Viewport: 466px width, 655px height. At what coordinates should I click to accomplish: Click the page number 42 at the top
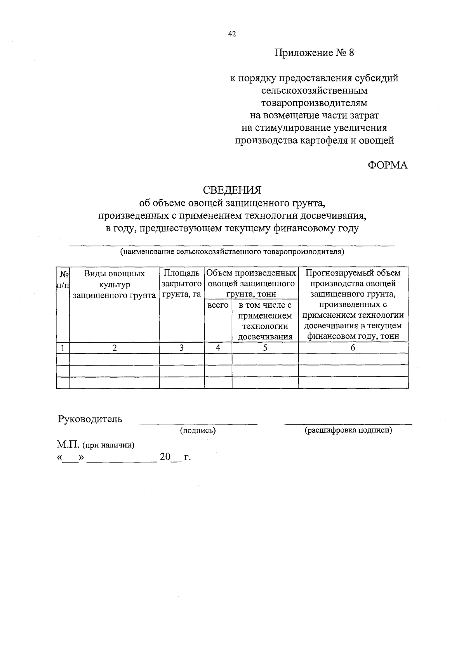232,34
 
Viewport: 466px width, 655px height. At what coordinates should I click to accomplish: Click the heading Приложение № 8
315,53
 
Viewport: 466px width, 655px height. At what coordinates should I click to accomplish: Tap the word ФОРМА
388,165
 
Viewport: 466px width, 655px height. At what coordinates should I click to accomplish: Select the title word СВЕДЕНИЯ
232,190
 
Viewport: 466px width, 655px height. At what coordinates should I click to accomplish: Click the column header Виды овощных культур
114,284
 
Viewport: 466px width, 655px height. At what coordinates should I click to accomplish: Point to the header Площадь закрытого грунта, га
181,284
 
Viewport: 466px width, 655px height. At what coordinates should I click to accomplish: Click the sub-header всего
218,305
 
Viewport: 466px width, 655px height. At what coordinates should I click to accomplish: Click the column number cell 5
265,348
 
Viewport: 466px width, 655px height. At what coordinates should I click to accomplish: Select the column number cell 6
353,348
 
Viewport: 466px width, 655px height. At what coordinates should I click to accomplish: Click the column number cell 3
181,348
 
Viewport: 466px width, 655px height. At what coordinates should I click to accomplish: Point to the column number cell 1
63,348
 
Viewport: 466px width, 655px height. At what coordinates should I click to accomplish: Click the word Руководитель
90,419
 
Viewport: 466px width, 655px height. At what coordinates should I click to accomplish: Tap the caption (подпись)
198,430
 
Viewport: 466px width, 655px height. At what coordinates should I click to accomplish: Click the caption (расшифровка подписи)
348,430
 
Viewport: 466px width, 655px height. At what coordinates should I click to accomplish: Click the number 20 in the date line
165,457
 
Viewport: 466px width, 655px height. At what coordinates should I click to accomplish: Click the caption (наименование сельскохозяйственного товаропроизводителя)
232,251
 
